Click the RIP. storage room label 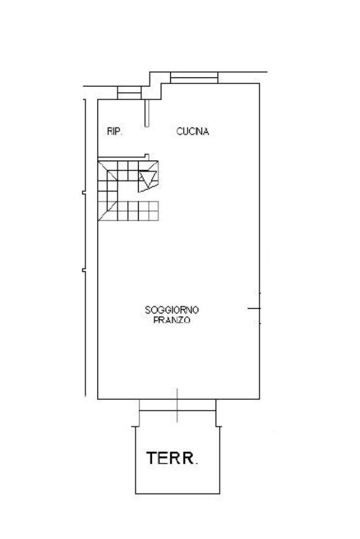coord(114,132)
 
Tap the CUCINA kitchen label coord(192,132)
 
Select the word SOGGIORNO coord(172,310)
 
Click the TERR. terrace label coord(172,458)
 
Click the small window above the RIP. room coord(129,93)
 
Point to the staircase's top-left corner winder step coord(106,170)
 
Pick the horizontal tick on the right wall coord(254,308)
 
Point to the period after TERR coord(197,463)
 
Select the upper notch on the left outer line coord(84,194)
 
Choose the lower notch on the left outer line coord(84,271)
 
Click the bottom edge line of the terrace coord(178,494)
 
